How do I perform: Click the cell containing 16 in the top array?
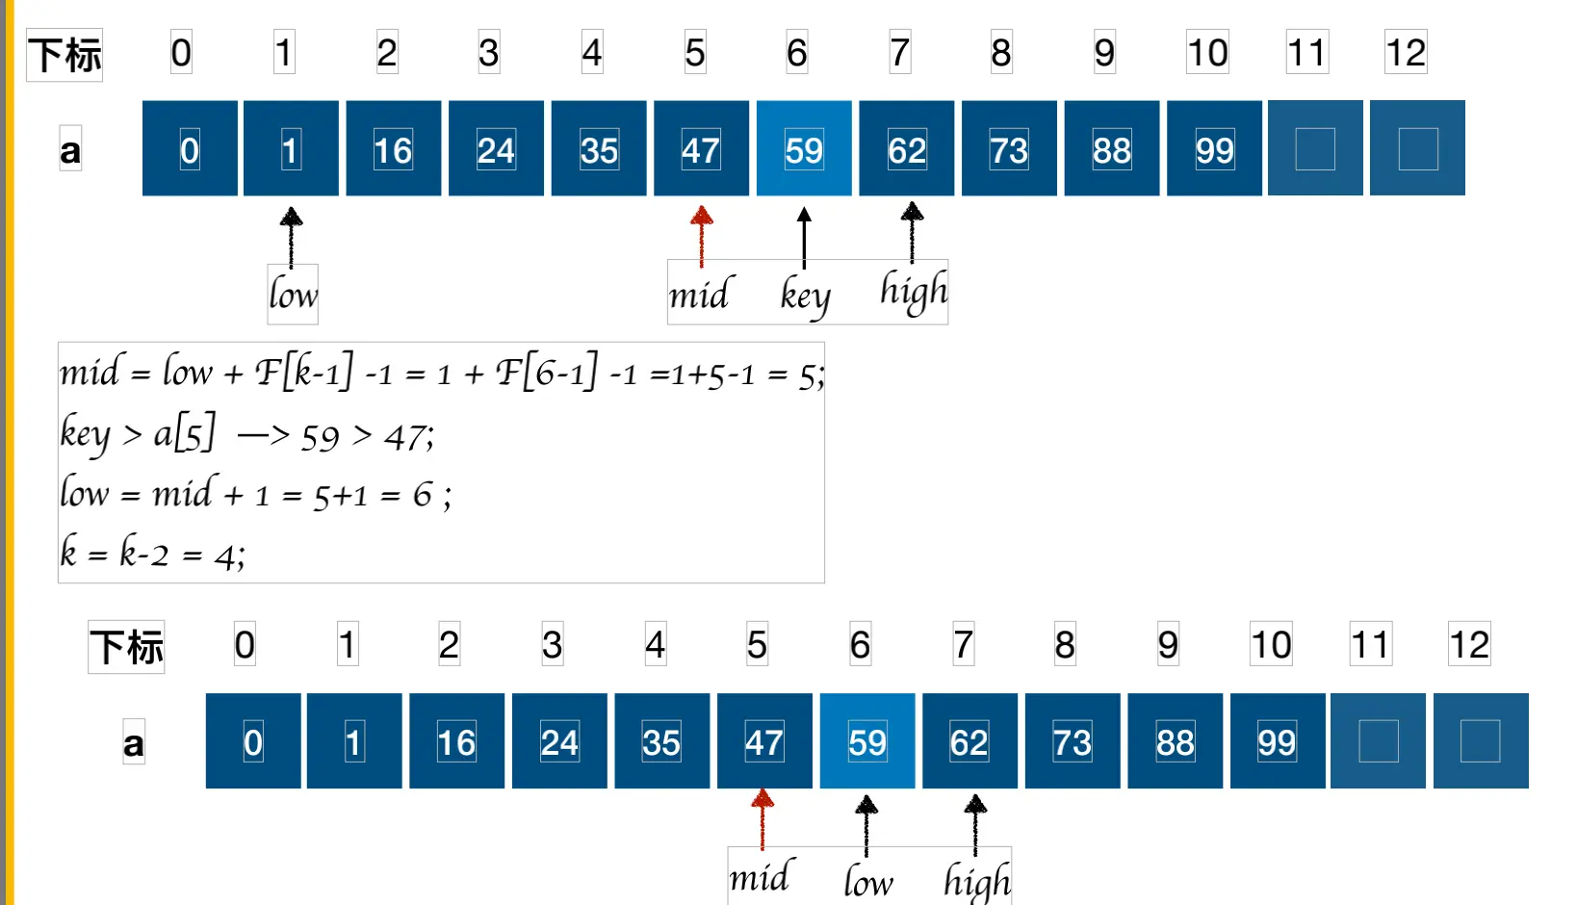tap(393, 149)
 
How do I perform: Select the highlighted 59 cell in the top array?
tap(804, 149)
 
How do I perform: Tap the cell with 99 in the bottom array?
tap(1277, 741)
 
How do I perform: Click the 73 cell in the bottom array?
tap(1072, 741)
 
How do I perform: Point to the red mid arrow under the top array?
tap(702, 235)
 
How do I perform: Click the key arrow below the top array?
tap(804, 237)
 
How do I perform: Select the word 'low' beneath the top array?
tap(293, 295)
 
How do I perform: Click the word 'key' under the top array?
tap(805, 296)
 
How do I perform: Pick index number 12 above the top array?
tap(1405, 53)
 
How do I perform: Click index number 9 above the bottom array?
tap(1167, 645)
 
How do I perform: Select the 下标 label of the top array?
tap(65, 55)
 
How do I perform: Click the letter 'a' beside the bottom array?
tap(134, 744)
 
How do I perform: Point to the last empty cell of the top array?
tap(1417, 149)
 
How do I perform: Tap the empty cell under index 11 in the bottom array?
tap(1378, 741)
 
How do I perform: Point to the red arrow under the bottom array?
tap(763, 818)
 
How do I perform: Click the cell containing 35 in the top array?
tap(598, 149)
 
